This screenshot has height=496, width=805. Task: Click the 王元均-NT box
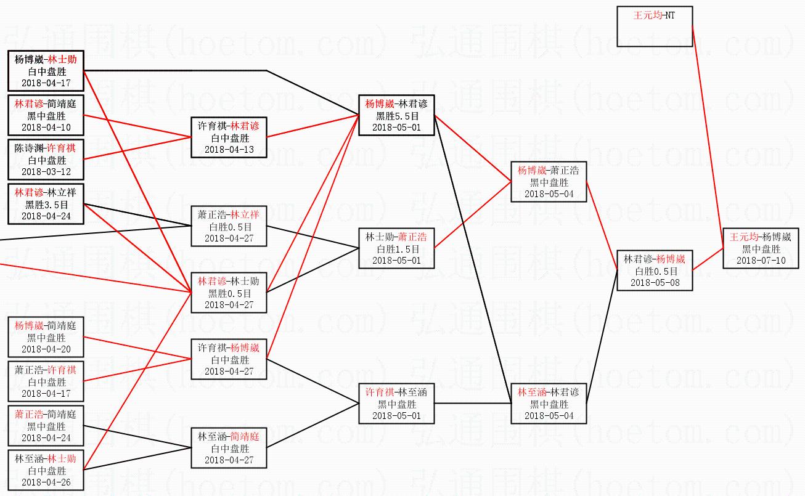[655, 26]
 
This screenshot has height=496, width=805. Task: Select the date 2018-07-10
[761, 261]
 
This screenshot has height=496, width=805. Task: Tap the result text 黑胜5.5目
[397, 116]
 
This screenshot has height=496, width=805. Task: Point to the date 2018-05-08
[655, 282]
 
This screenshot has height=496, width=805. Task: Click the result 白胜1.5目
[397, 249]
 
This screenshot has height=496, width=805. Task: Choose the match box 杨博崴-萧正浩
[549, 182]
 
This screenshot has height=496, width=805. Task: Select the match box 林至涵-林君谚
[549, 404]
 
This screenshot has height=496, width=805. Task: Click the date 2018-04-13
[229, 149]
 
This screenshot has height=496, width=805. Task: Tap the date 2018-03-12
[46, 171]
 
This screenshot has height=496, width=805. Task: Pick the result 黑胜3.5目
[46, 205]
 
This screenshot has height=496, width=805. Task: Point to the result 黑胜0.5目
[229, 293]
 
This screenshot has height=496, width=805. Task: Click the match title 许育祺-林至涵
[397, 392]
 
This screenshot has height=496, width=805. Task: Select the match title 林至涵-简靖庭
[229, 436]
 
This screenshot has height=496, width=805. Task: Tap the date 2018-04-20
[46, 349]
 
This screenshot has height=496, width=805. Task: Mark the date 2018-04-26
[46, 482]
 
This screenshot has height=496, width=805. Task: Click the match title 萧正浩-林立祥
[229, 215]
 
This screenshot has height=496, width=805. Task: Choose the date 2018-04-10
[46, 127]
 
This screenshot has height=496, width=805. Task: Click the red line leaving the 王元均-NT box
[708, 136]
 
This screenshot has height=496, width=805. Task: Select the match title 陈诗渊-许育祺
[46, 148]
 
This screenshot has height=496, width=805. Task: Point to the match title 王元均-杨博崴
[761, 237]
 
